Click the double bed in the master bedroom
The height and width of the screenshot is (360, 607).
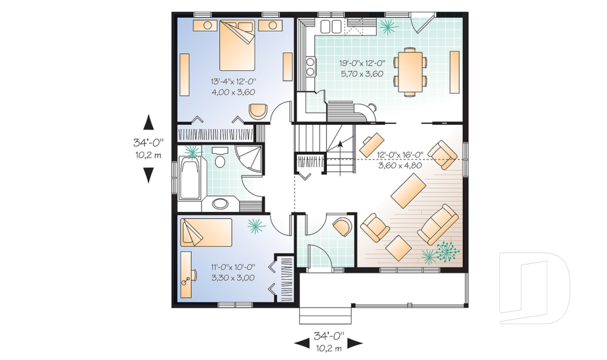(237, 47)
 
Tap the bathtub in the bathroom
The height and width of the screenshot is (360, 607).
(189, 178)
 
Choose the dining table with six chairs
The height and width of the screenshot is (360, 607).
(410, 70)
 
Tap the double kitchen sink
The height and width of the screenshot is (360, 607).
(330, 26)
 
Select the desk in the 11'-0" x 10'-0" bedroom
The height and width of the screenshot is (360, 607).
(187, 273)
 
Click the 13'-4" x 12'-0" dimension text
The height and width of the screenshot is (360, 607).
(233, 82)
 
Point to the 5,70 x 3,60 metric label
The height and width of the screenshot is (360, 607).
(362, 73)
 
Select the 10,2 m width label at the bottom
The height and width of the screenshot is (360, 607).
(328, 347)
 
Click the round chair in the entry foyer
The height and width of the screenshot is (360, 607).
(342, 226)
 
